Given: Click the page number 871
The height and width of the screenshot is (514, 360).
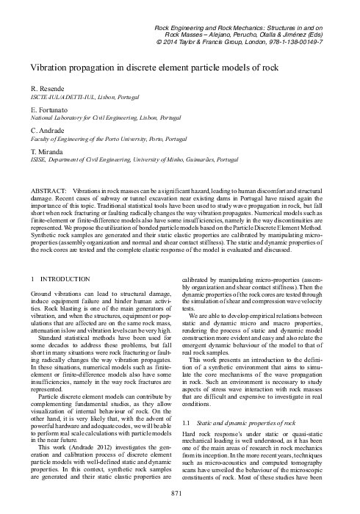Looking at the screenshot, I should (180, 493).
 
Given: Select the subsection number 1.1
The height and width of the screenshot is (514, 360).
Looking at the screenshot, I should (186, 424).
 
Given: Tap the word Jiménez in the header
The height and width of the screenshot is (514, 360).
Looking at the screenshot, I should (318, 34).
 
